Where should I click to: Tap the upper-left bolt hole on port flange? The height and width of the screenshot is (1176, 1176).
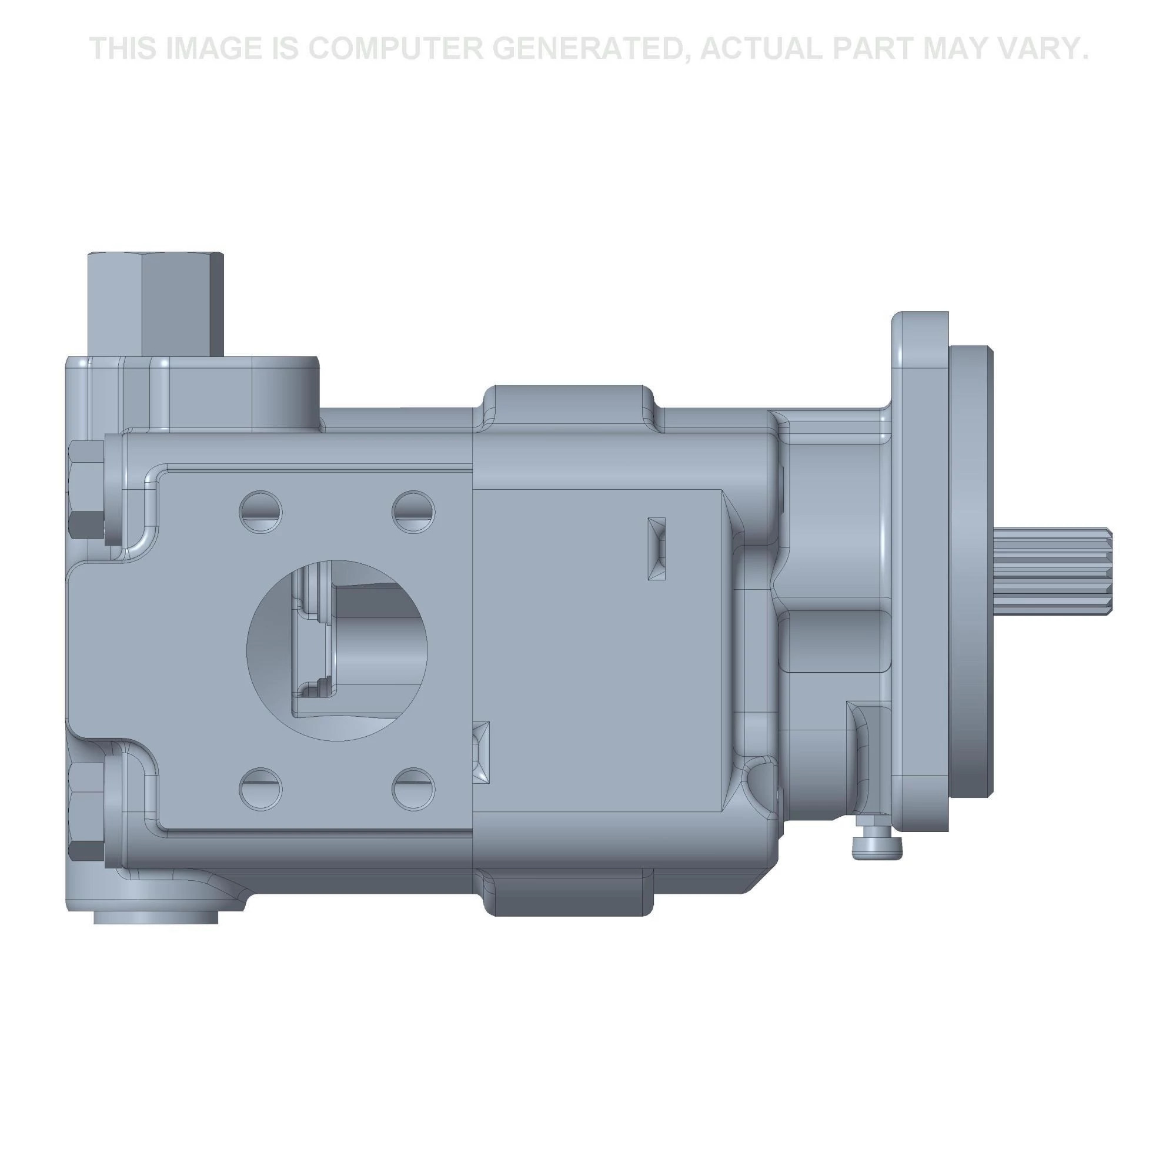coord(261,512)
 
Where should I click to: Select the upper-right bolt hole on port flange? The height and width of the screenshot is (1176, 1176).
coord(413,512)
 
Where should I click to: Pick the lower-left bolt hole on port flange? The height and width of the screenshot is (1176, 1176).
coord(261,789)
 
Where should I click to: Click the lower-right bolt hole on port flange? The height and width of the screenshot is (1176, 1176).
coord(413,789)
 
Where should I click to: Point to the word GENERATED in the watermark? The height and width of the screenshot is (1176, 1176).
coord(593,48)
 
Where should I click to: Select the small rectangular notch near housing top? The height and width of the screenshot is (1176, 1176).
coord(657,549)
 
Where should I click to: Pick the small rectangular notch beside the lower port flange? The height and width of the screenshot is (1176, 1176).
coord(482,753)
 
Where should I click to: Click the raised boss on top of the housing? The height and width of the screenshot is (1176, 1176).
coord(568,404)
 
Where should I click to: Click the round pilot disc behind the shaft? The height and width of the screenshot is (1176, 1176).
coord(970,572)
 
